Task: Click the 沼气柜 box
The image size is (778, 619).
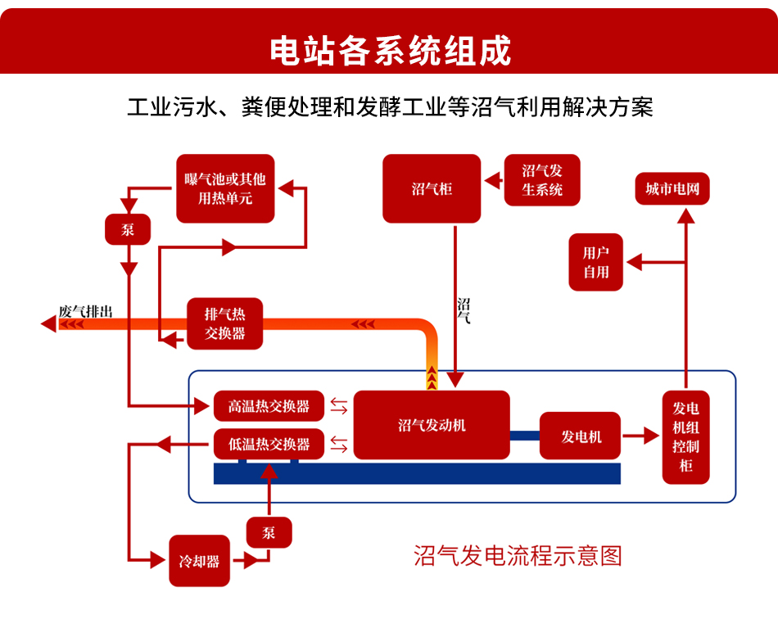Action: (x=432, y=189)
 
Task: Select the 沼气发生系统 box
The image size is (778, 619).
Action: (x=542, y=180)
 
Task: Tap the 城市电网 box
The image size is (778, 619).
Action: (x=672, y=189)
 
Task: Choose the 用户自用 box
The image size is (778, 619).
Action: (x=596, y=263)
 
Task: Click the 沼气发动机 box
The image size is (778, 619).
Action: (x=432, y=425)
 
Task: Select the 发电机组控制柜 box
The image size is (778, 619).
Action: (x=686, y=436)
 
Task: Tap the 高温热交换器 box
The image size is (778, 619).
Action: (x=269, y=406)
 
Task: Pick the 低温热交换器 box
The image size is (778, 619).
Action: (x=269, y=445)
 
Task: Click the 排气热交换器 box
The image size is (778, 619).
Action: (x=225, y=323)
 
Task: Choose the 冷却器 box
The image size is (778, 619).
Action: (x=199, y=561)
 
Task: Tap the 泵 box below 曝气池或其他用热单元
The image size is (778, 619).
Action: (x=129, y=229)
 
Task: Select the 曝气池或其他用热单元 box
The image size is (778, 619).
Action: (x=225, y=188)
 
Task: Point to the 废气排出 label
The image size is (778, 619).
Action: (x=85, y=311)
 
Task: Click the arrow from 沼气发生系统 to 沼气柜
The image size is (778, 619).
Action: (x=492, y=179)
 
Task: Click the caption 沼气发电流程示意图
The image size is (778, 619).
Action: (x=518, y=556)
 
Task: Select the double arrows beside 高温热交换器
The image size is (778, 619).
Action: (x=338, y=406)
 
